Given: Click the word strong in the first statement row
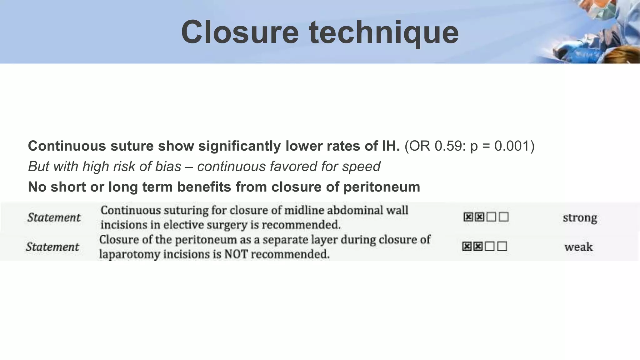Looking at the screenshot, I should tap(580, 217).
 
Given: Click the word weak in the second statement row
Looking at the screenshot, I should tap(578, 247).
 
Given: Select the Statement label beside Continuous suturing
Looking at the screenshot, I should tap(54, 217).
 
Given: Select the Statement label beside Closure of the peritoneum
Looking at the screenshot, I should tap(52, 247).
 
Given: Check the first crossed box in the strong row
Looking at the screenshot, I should tap(468, 217).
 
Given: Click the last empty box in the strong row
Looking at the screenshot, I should tap(504, 217).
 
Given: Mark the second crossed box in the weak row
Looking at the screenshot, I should tap(478, 247).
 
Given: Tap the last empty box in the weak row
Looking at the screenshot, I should tap(502, 247).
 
